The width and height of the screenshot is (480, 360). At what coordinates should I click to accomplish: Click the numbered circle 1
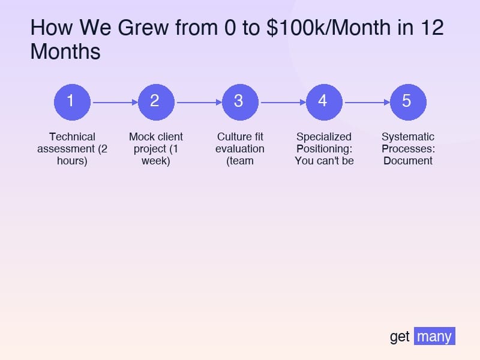coord(72,101)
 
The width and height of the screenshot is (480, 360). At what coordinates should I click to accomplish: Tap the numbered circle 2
coord(156,101)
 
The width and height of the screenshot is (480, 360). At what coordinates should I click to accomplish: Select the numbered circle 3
coord(240,101)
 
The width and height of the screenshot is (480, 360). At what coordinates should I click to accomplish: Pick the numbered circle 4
coord(324,101)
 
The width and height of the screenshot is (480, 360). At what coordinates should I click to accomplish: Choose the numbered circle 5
coord(408,101)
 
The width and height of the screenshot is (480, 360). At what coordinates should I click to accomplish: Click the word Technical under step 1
coord(72,137)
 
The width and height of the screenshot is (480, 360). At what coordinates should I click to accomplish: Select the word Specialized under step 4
coord(324,137)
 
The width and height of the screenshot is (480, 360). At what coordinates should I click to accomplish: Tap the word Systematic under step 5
coord(408,137)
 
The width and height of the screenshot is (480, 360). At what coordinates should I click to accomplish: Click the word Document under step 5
coord(408,161)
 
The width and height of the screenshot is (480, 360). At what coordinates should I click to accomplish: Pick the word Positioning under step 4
coord(322,149)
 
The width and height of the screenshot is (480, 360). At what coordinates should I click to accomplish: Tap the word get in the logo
coord(400,337)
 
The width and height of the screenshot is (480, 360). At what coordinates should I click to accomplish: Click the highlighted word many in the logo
coord(434,337)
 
